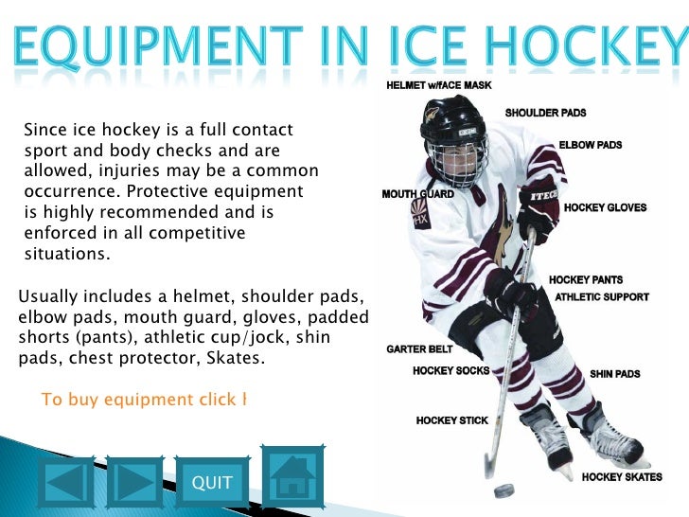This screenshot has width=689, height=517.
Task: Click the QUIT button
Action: pos(212,483)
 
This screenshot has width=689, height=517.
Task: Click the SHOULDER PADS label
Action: pos(545,113)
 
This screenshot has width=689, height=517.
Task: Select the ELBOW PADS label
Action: pos(591,145)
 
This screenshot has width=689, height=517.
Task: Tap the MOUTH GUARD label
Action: pos(417,194)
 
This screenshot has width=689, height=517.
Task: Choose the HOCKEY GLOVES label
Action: pos(605,207)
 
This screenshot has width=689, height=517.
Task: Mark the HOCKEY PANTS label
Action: pos(586,280)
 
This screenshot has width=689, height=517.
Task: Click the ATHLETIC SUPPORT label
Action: pos(602,296)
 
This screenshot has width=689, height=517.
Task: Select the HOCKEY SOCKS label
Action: pos(451,370)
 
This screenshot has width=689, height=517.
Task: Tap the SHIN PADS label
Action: pos(615,374)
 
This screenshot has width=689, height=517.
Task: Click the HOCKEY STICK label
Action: pos(452,419)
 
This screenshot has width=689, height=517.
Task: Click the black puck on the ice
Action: pos(505,490)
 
